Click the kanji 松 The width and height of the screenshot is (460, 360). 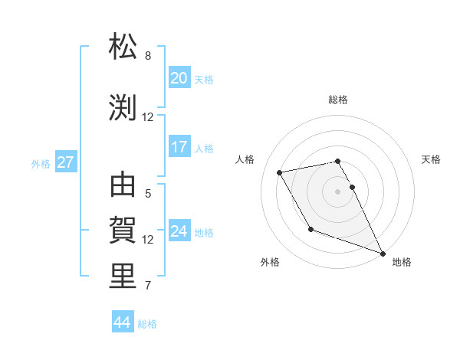(x=123, y=47)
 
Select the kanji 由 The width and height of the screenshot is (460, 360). (x=123, y=186)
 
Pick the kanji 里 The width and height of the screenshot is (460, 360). (x=123, y=277)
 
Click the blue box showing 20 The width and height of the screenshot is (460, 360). (x=179, y=78)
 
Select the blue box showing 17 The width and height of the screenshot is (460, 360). (x=179, y=147)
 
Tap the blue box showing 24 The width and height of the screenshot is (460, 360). (x=179, y=231)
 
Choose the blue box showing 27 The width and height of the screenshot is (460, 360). (x=66, y=162)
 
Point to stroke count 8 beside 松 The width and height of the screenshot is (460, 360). (x=148, y=56)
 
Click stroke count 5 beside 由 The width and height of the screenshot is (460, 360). (x=148, y=194)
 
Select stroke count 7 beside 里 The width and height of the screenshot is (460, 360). (x=148, y=286)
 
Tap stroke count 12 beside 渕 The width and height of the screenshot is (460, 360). (x=148, y=117)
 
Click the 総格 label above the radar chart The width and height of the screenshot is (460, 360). (x=338, y=100)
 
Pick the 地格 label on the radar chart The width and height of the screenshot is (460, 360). (x=402, y=262)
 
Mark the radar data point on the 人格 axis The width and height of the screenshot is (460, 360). (x=281, y=172)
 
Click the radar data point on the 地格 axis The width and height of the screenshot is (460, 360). (x=383, y=253)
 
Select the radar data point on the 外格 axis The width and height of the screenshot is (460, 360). (x=310, y=229)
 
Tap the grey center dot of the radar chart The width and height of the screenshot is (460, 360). (x=338, y=191)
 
